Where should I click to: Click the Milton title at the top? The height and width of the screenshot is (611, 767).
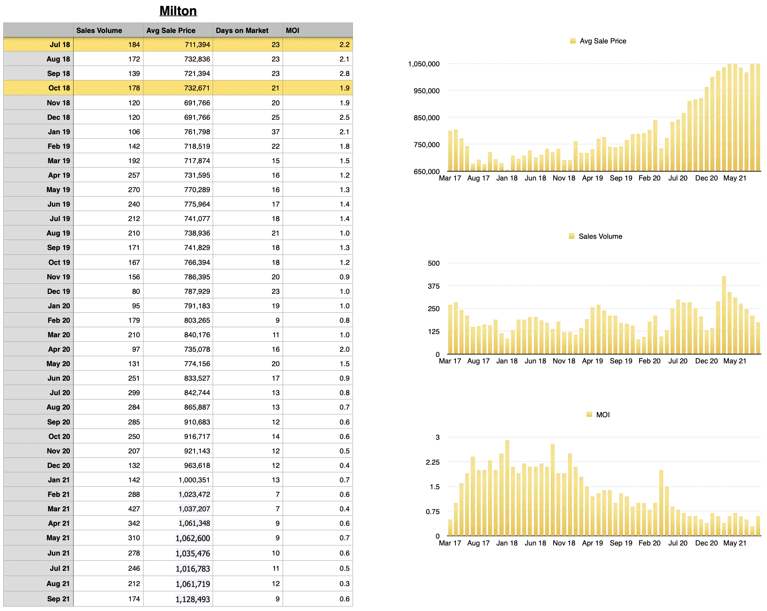tap(178, 11)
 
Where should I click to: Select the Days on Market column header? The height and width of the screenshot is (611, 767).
tap(242, 31)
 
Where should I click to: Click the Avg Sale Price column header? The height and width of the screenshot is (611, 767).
tap(171, 31)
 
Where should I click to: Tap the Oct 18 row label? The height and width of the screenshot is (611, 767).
tap(59, 88)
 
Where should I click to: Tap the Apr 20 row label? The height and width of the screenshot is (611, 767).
tap(59, 349)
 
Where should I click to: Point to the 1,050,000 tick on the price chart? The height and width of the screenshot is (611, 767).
tap(424, 64)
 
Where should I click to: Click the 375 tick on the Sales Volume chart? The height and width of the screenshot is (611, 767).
tap(434, 286)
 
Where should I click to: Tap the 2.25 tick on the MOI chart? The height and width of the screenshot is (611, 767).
tap(433, 462)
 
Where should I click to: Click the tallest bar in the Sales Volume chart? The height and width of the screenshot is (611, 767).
tap(724, 316)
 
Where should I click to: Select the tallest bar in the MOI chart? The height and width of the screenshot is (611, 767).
tap(507, 488)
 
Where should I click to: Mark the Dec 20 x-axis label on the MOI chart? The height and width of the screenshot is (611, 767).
tap(706, 543)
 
